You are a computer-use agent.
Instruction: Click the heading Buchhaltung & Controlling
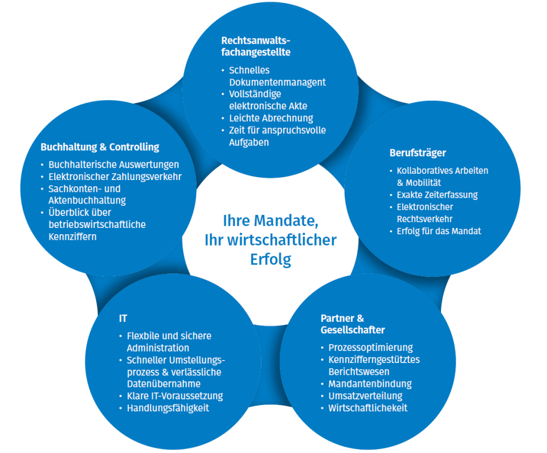coord(100,147)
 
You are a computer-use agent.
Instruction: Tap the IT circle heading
coord(123,319)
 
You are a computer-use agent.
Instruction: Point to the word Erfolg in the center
coord(270,259)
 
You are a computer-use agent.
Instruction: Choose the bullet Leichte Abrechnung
coord(271,118)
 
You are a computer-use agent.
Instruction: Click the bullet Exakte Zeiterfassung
coord(437,195)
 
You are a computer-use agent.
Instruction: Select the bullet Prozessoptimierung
coord(370,347)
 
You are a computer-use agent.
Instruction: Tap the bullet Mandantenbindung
coord(370,383)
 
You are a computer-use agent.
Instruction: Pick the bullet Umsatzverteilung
coord(365,396)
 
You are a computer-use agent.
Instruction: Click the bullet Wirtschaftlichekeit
coord(368,408)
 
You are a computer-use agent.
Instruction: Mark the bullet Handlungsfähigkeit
coord(168,408)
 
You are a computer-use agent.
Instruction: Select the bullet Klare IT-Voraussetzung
coord(174,396)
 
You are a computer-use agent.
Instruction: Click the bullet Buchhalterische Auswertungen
coord(113,165)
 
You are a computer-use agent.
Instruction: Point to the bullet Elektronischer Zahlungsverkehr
coord(115,177)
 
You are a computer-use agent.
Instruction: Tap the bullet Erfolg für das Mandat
coord(439,231)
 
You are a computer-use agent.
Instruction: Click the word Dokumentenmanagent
coord(277,82)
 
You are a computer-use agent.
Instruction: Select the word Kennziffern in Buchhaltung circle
coord(72,236)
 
